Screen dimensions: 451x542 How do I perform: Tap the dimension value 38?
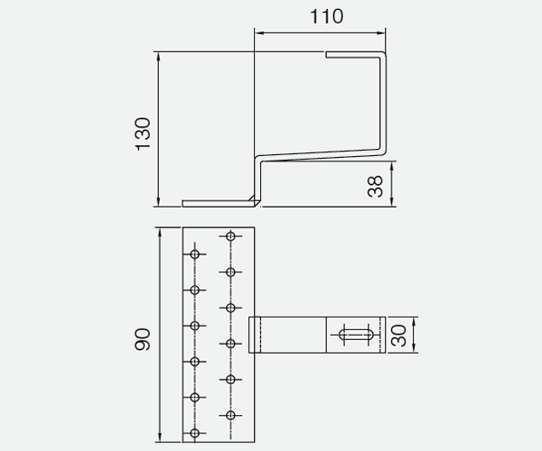pyautogui.click(x=377, y=185)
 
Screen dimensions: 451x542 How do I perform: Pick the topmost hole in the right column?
pyautogui.click(x=231, y=236)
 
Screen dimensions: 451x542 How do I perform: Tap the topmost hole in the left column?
pyautogui.click(x=195, y=253)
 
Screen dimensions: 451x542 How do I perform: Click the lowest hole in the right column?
pyautogui.click(x=231, y=415)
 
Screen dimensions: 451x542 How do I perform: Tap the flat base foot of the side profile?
pyautogui.click(x=217, y=203)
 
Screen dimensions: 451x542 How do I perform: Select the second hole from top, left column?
pyautogui.click(x=195, y=290)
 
